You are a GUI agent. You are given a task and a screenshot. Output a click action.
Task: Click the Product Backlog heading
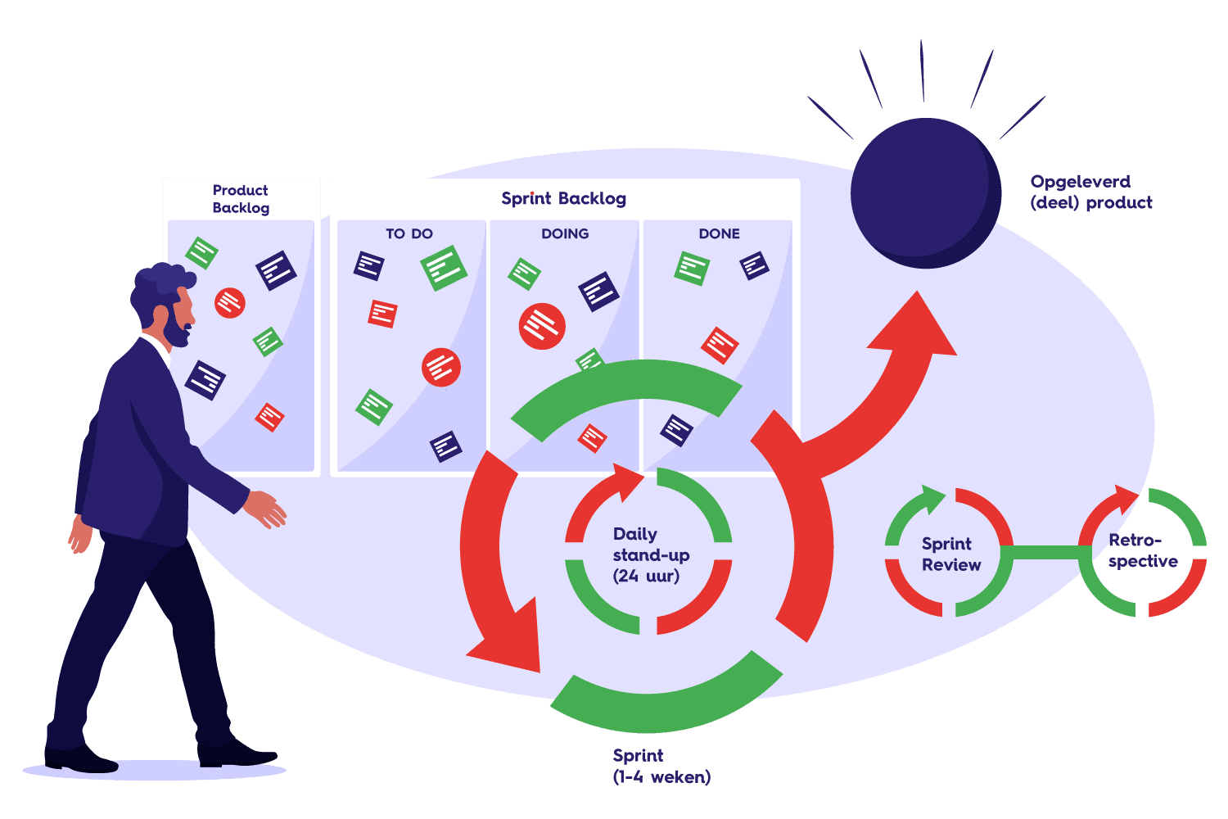(x=241, y=199)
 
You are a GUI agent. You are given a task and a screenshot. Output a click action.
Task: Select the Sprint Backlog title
(x=563, y=198)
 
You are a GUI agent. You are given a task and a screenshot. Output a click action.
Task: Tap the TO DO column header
(x=409, y=233)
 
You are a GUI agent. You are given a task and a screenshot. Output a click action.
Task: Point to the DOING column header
(x=565, y=233)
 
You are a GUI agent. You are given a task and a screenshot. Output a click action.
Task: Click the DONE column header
(x=719, y=233)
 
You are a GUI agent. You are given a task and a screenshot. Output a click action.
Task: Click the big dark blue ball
(x=925, y=193)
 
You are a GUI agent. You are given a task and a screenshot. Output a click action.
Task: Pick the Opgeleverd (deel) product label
(x=1090, y=192)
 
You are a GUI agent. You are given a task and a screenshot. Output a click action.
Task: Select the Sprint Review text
(x=950, y=554)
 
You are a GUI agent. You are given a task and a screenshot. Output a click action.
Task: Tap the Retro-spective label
(x=1142, y=550)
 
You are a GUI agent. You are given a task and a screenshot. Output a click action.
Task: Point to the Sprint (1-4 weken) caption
(x=661, y=766)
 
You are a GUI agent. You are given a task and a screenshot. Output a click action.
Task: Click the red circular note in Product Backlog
(x=230, y=302)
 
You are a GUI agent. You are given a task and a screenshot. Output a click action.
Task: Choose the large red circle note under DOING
(x=542, y=326)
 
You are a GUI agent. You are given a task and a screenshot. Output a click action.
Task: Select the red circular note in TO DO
(x=441, y=367)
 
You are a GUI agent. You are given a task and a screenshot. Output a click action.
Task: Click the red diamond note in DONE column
(x=720, y=345)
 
